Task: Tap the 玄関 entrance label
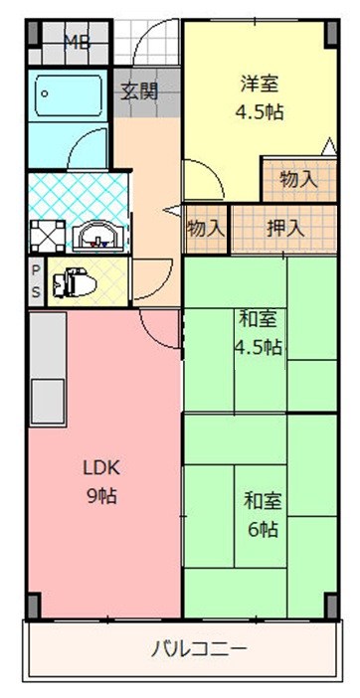[x=139, y=91]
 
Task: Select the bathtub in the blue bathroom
[x=69, y=98]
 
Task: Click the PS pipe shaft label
[x=35, y=281]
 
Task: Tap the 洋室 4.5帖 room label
[x=261, y=97]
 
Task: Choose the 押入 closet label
[x=285, y=227]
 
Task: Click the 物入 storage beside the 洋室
[x=298, y=179]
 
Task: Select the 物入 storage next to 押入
[x=206, y=227]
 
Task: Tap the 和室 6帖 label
[x=261, y=514]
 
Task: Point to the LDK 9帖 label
[x=99, y=480]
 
